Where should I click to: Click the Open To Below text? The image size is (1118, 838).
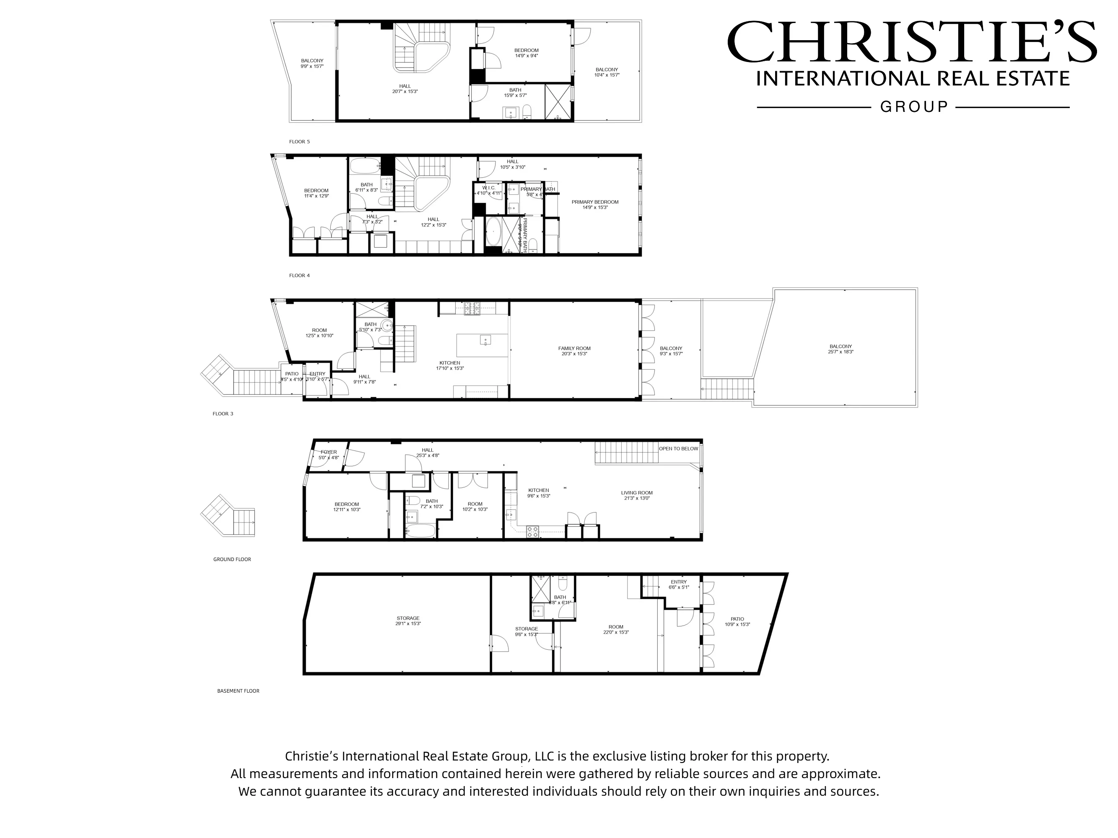pyautogui.click(x=678, y=449)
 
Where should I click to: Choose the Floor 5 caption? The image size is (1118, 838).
pyautogui.click(x=299, y=142)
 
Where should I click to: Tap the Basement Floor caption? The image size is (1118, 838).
pyautogui.click(x=238, y=691)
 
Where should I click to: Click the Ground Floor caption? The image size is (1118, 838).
pyautogui.click(x=232, y=560)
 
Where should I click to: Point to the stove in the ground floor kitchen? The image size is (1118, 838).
pyautogui.click(x=533, y=531)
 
